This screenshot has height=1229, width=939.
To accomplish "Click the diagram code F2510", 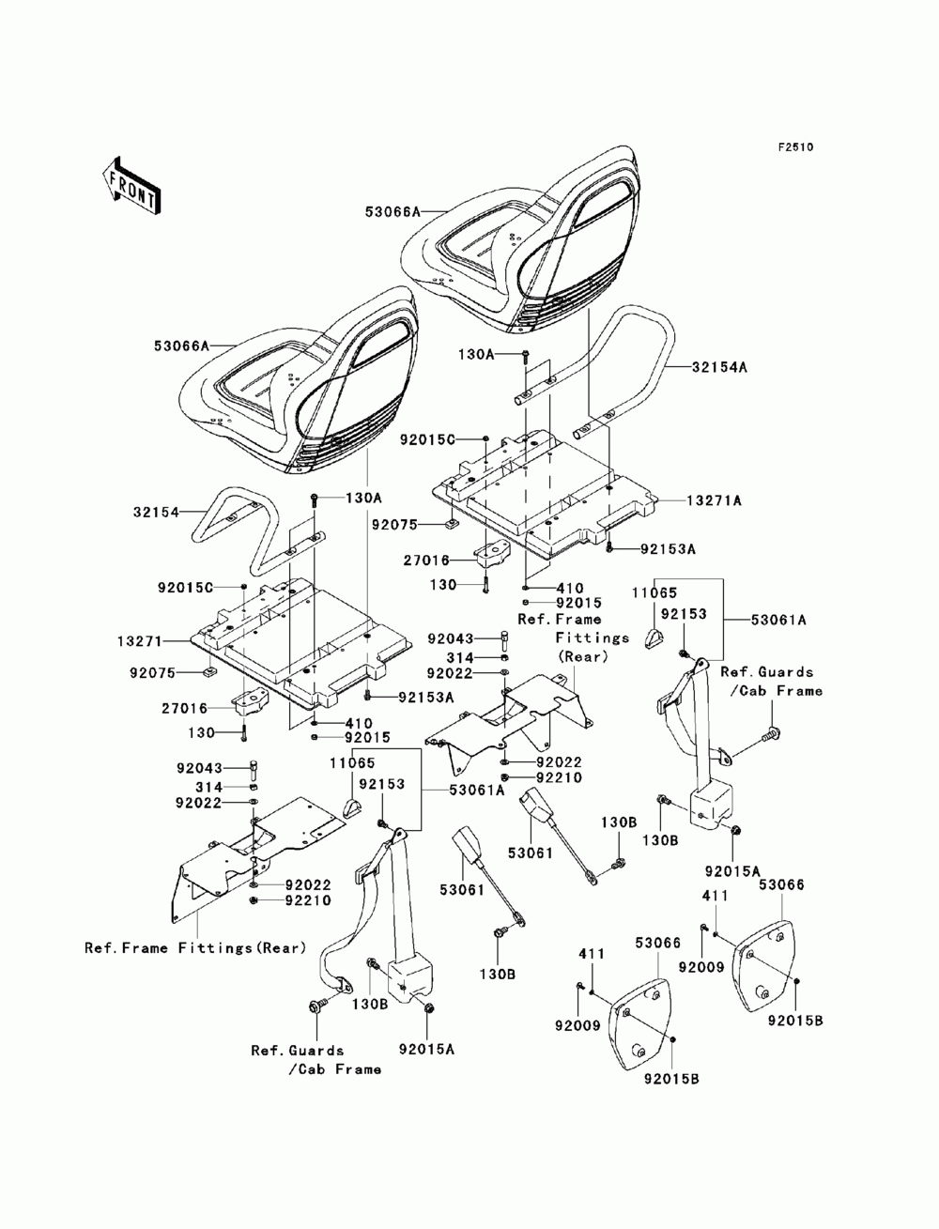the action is click(x=795, y=147).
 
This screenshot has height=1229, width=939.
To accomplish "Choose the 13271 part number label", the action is click(x=140, y=641).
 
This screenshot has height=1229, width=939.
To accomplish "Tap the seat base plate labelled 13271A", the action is click(x=545, y=496).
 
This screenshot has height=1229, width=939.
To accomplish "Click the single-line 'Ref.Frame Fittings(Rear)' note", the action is click(x=195, y=948).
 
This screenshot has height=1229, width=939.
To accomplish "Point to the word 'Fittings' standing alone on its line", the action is click(x=592, y=638).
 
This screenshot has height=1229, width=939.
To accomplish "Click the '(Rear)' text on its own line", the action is click(x=582, y=657).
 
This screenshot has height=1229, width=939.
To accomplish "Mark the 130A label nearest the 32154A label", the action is click(x=476, y=354).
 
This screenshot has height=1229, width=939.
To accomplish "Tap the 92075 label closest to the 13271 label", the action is click(x=153, y=672).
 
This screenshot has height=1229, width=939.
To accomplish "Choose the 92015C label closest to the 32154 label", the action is click(x=185, y=588).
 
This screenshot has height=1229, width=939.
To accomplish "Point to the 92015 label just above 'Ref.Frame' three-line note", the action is click(x=579, y=603).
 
